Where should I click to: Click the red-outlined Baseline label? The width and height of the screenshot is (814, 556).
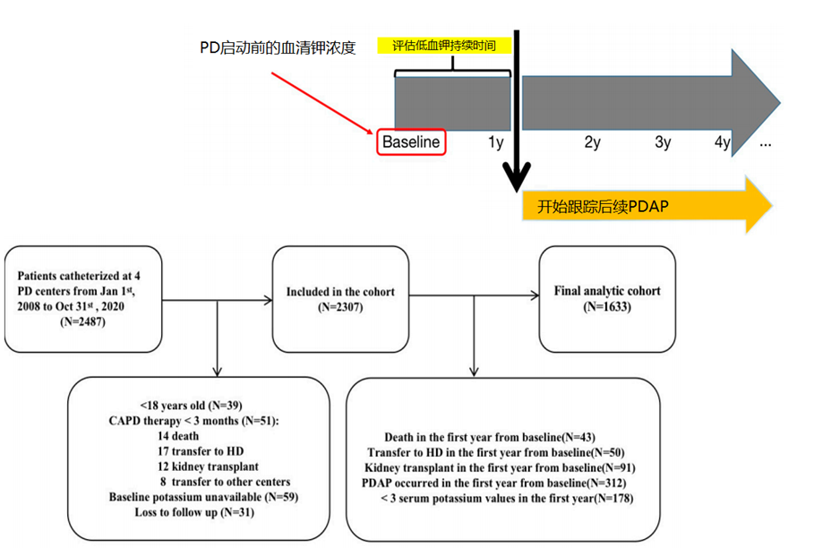pyautogui.click(x=411, y=141)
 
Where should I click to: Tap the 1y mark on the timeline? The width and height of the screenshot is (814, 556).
pyautogui.click(x=496, y=141)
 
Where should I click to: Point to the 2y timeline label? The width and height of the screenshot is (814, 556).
pyautogui.click(x=592, y=141)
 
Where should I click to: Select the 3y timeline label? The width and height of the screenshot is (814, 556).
pyautogui.click(x=663, y=141)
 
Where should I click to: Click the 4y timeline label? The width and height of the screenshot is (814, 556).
pyautogui.click(x=723, y=141)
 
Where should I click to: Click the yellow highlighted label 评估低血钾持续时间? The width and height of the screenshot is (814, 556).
pyautogui.click(x=445, y=45)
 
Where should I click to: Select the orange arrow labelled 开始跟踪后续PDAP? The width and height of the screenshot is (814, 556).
pyautogui.click(x=645, y=206)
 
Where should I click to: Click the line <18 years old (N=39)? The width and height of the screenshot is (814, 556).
pyautogui.click(x=192, y=404)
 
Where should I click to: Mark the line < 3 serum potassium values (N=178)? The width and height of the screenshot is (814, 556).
pyautogui.click(x=507, y=498)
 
